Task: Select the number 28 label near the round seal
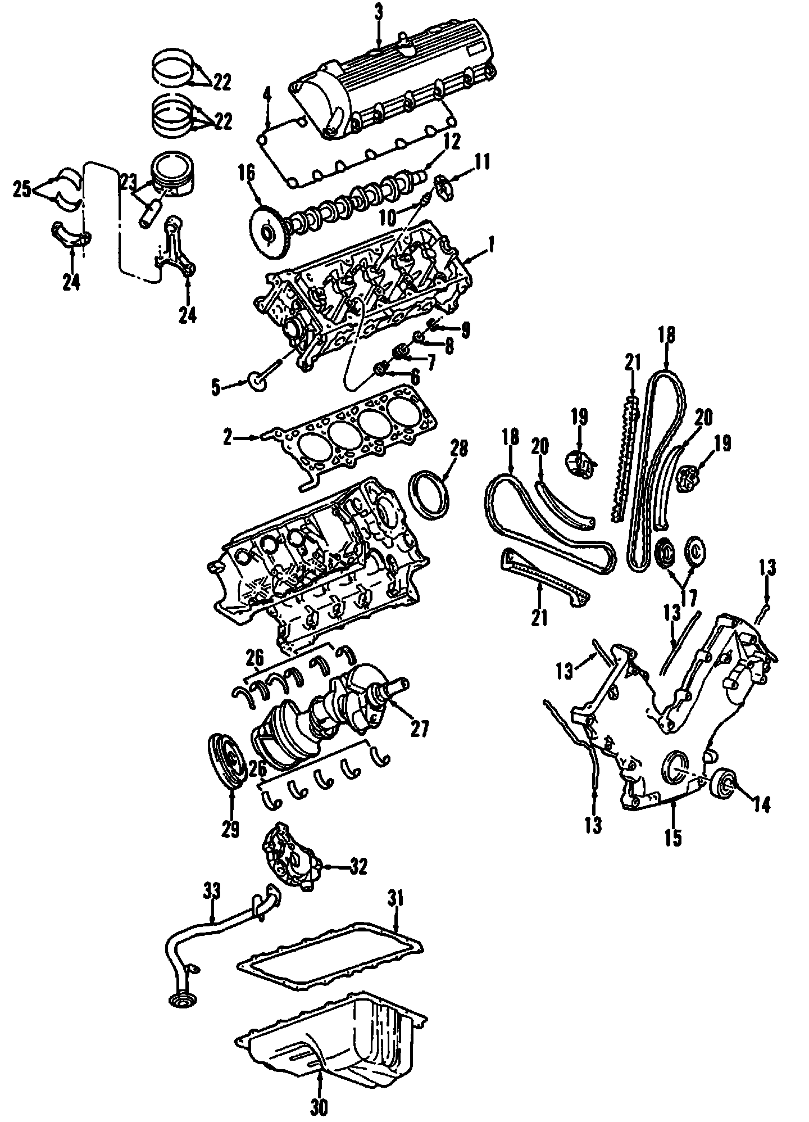coord(459,449)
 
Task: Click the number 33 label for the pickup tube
coord(212,891)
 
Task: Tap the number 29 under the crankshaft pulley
coord(231,829)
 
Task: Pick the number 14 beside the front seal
coord(761,805)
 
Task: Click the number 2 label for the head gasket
coord(227,437)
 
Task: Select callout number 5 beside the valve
coord(216,387)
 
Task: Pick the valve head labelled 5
coord(257,383)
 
